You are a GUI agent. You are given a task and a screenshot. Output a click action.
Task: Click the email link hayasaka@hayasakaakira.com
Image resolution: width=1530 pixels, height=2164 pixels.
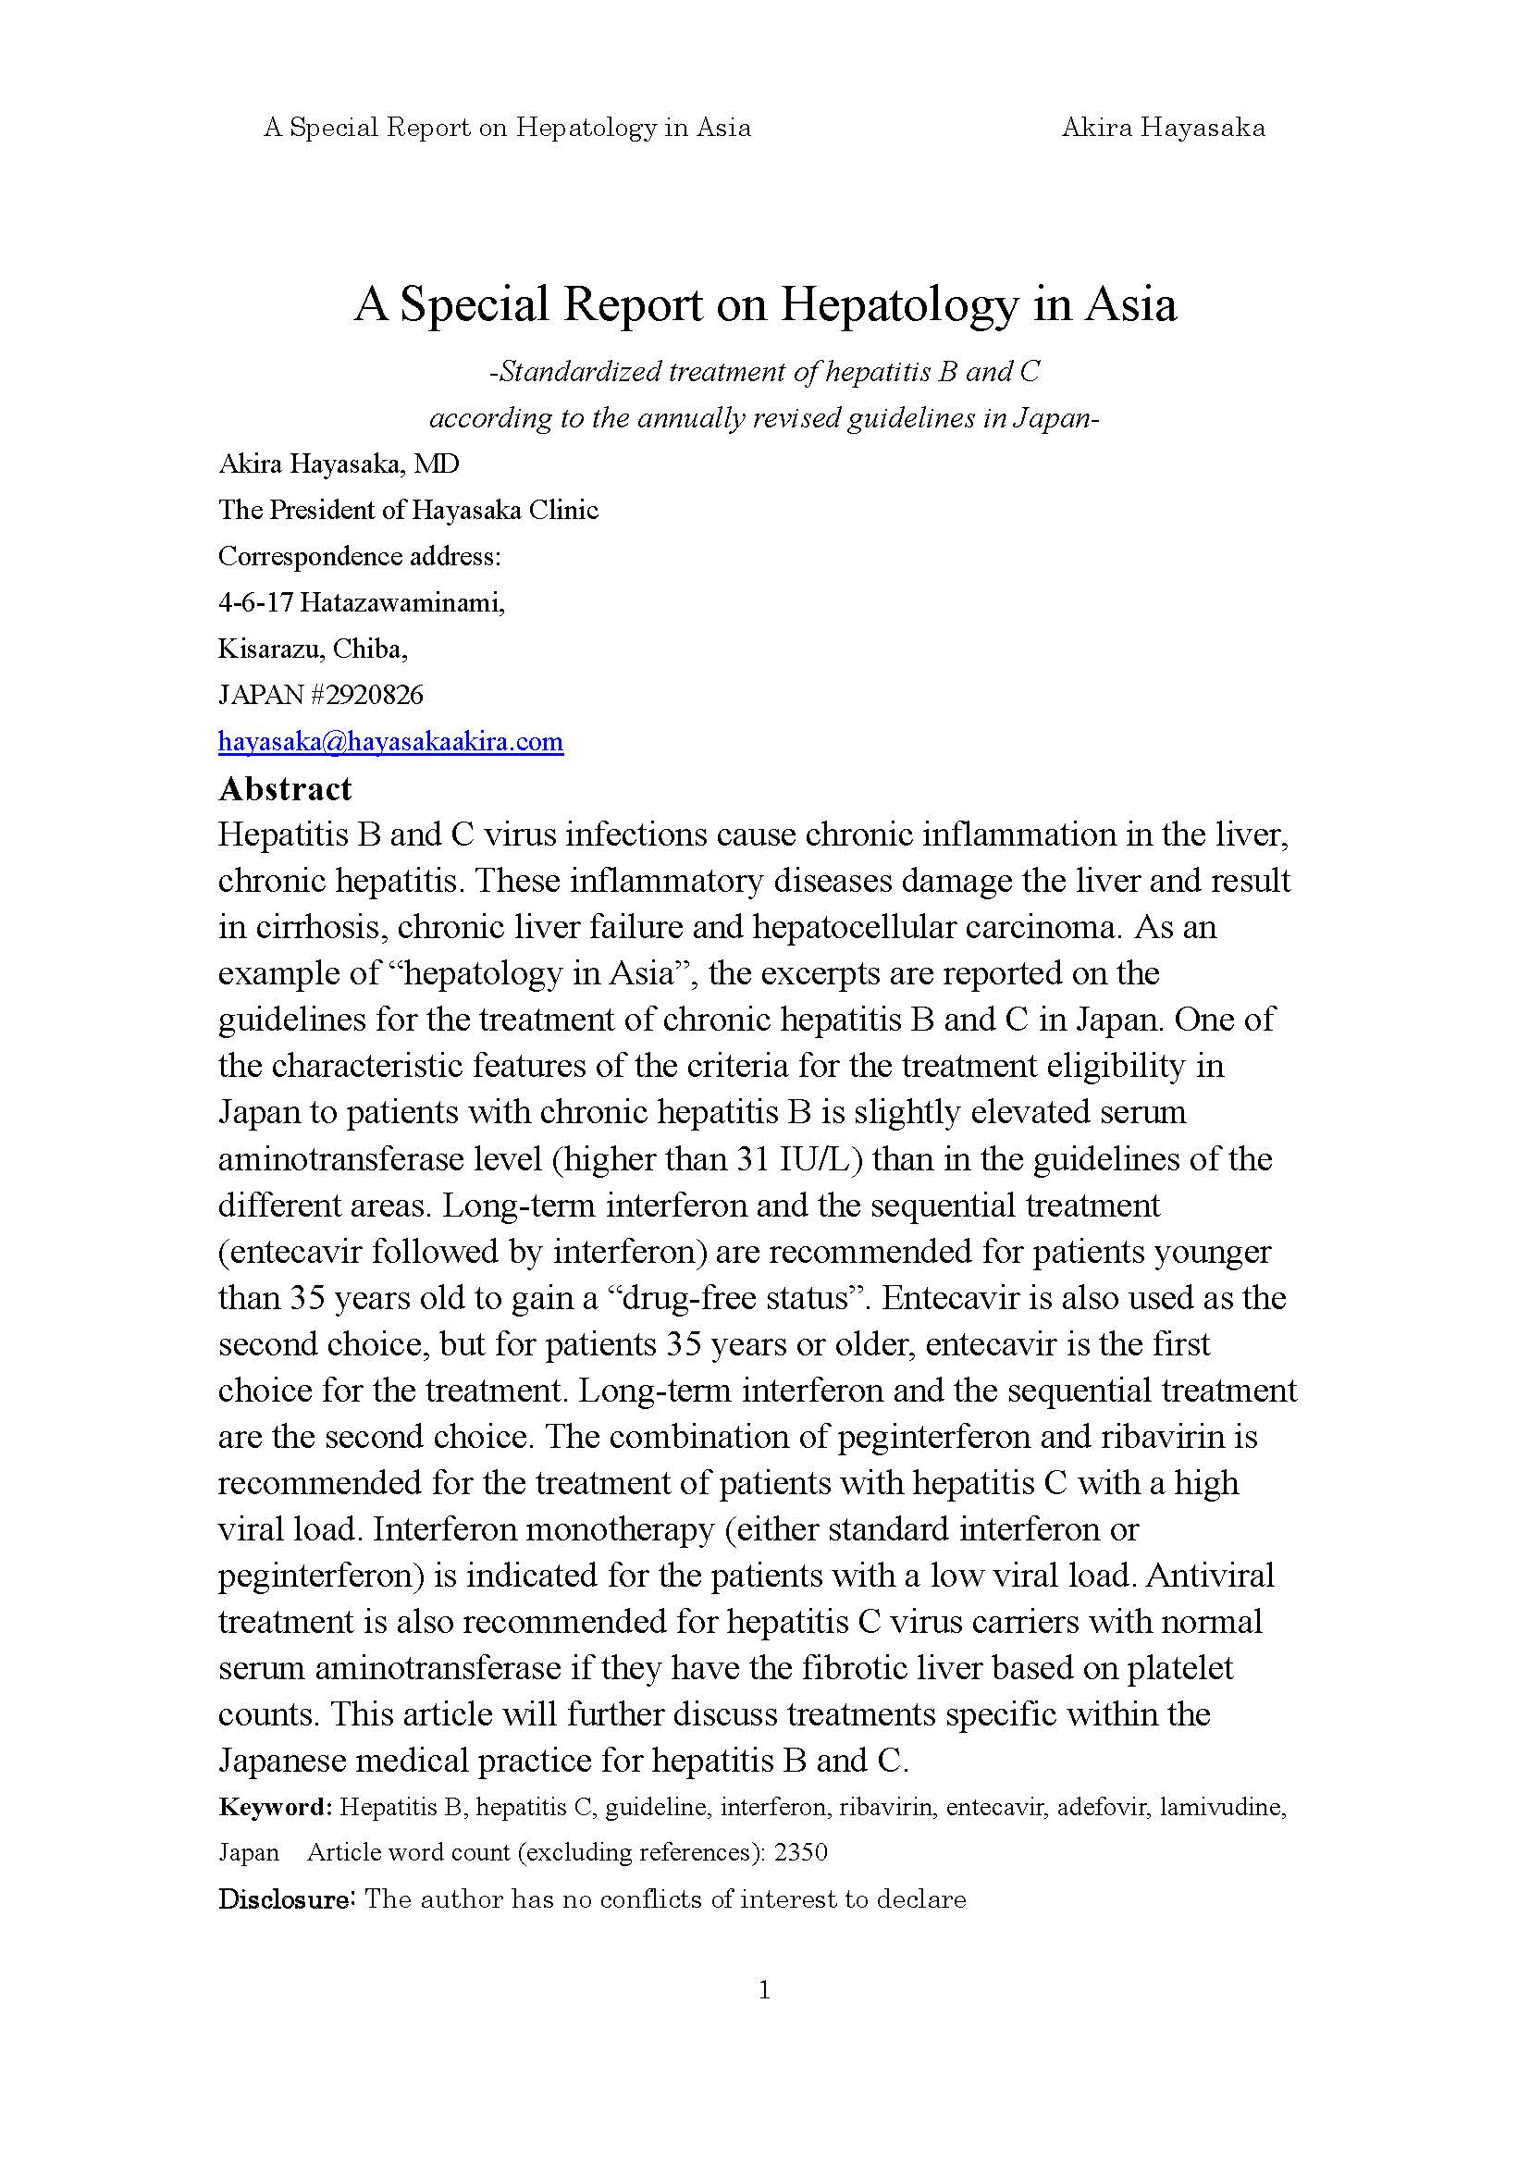coord(390,742)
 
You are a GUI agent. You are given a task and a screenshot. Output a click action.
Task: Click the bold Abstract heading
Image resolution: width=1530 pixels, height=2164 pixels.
coord(285,789)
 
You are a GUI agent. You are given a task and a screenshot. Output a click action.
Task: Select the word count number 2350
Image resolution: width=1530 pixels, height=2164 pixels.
coord(800,1852)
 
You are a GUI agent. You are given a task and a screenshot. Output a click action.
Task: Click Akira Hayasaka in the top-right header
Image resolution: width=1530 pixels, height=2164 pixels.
coord(1163,128)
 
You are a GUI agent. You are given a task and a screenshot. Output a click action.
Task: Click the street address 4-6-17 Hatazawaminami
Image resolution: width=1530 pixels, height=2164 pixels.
coord(361,603)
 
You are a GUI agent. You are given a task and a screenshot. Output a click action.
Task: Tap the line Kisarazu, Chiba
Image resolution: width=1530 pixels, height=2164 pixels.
coord(313,649)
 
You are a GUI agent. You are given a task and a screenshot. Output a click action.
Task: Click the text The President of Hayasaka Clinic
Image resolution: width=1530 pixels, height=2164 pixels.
coord(408,511)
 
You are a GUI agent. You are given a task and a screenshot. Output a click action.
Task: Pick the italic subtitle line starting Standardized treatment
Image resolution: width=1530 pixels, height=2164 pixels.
coord(764,372)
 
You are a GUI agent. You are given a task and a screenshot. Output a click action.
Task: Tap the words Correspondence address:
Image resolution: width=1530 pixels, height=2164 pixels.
coord(359,557)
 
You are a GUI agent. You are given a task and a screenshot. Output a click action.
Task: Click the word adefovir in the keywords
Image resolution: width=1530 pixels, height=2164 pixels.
coord(1102,1807)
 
